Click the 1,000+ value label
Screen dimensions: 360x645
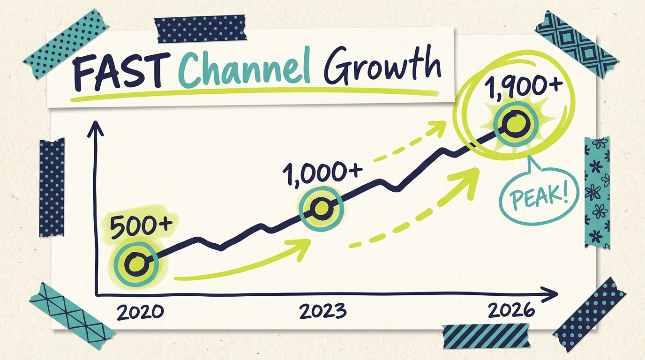pos(322,172)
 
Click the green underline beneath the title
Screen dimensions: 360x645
pos(253,95)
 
